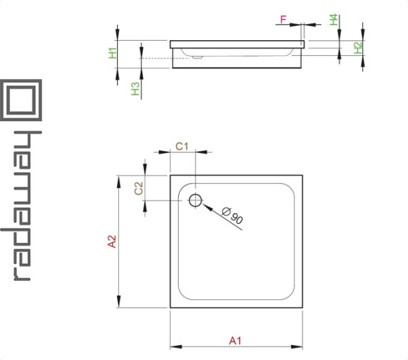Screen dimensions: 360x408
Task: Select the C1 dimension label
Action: click(182, 146)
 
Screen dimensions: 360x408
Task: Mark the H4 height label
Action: click(335, 20)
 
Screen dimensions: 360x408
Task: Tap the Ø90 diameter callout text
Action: click(232, 216)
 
